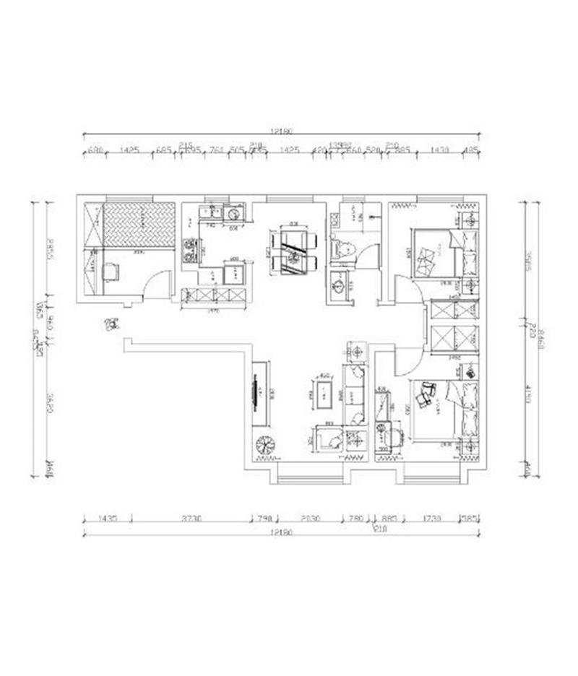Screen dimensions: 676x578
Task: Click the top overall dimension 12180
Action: [281, 131]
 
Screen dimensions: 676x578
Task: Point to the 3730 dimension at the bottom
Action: [191, 519]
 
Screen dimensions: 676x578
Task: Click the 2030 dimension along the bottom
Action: [311, 519]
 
